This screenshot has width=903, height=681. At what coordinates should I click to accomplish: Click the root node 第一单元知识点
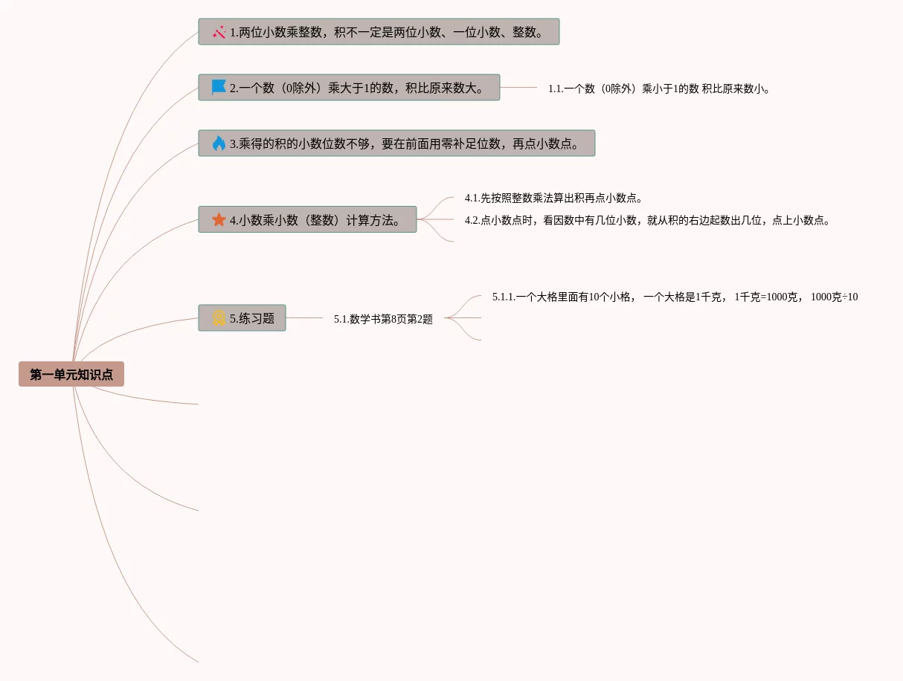71,375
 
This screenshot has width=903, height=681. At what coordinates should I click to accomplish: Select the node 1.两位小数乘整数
387,32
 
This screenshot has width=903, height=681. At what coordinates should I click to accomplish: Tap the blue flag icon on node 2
219,88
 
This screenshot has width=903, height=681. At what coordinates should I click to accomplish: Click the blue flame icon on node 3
219,143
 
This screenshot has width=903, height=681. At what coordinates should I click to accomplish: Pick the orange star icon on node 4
219,219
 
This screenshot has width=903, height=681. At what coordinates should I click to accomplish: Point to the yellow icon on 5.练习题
219,318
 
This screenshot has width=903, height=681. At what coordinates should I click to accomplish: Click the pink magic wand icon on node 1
219,32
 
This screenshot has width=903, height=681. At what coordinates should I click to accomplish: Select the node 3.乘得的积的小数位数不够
405,143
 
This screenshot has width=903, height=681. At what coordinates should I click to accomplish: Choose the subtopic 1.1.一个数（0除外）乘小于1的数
659,88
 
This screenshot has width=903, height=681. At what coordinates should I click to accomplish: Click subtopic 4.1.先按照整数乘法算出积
553,199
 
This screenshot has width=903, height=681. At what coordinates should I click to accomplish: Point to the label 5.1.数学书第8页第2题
383,319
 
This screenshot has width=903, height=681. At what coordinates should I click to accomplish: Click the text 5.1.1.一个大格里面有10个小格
562,297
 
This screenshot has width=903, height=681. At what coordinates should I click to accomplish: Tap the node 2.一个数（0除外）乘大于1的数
357,88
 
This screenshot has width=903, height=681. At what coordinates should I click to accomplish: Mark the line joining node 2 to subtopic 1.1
518,88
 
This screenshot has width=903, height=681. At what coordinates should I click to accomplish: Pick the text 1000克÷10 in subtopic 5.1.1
834,297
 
